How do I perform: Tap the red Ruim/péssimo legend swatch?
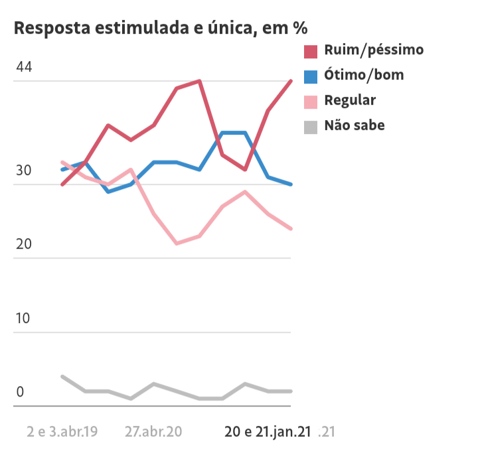311,51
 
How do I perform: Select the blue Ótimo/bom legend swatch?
311,76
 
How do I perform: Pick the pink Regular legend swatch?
311,101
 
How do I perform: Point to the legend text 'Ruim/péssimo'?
374,50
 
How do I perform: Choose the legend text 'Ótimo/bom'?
364,75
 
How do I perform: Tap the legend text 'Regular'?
350,100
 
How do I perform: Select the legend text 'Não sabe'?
354,125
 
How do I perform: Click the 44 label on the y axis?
24,68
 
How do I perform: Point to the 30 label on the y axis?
24,170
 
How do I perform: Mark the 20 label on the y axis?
24,244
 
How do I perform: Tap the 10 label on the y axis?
24,318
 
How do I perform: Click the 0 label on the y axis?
20,391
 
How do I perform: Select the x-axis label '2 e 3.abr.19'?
62,432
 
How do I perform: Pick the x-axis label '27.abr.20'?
153,432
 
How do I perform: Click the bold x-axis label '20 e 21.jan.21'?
268,432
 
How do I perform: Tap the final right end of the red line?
291,82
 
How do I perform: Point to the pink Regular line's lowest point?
177,243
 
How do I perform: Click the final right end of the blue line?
291,184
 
